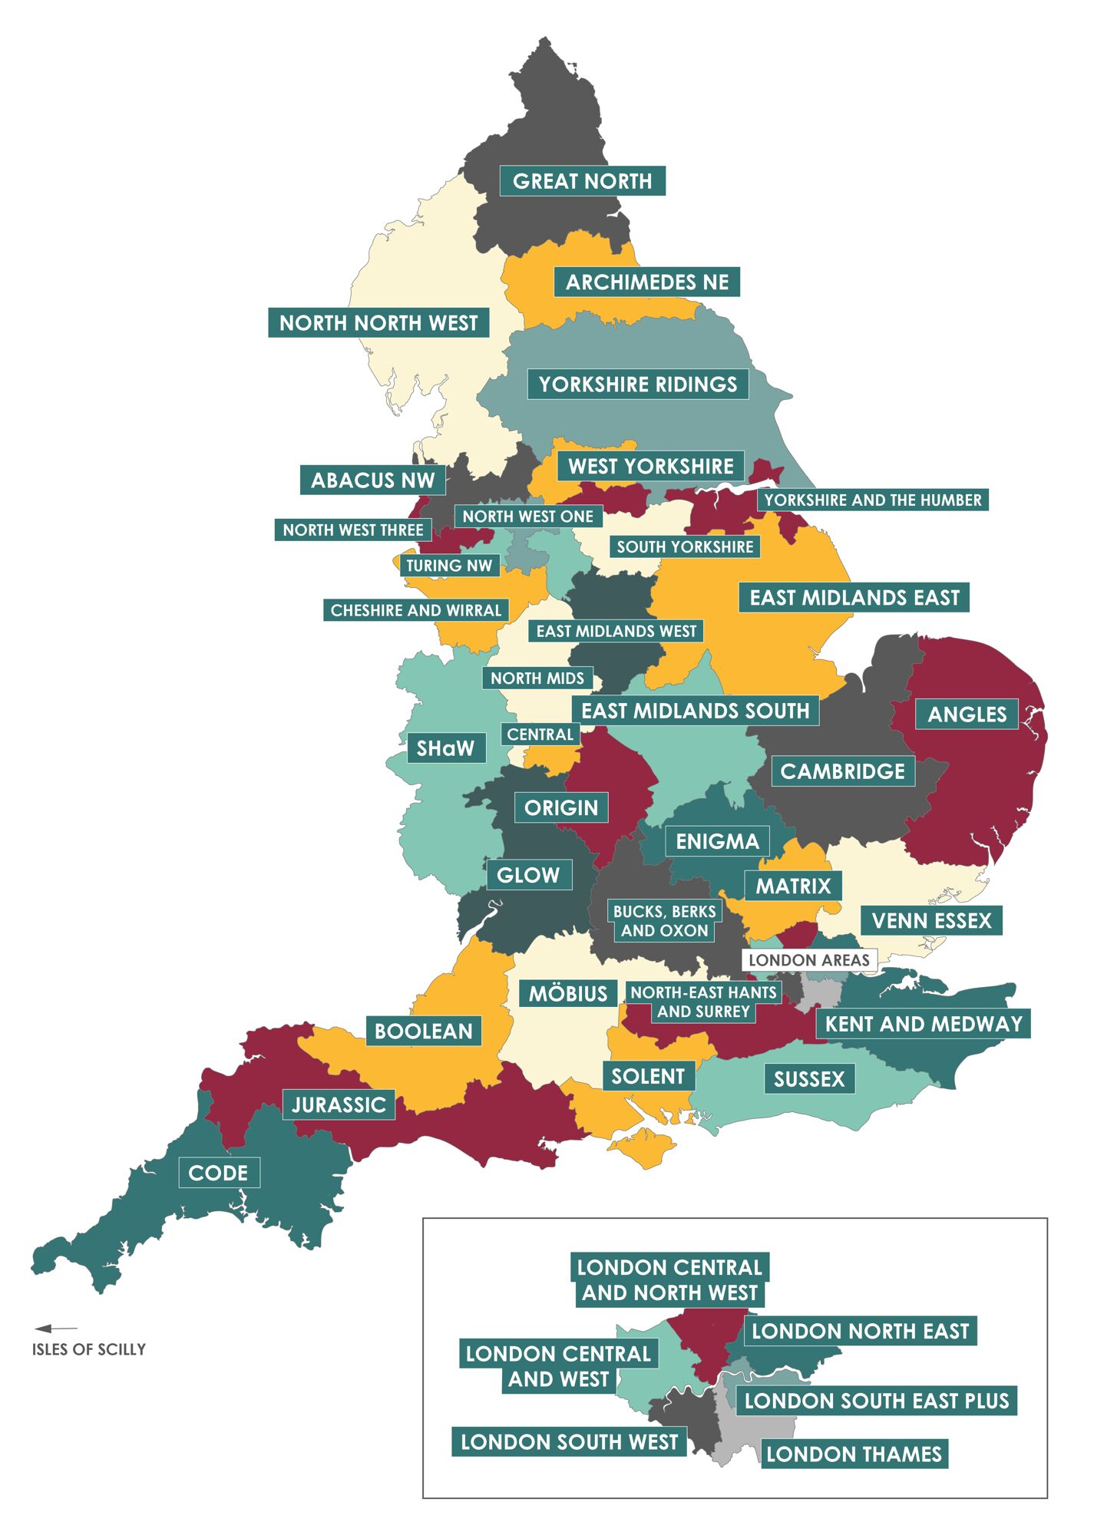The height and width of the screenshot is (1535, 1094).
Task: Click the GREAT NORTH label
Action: (x=582, y=181)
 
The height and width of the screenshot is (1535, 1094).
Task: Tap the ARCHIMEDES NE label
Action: (x=646, y=282)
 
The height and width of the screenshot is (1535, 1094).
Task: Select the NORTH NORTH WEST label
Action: (x=378, y=323)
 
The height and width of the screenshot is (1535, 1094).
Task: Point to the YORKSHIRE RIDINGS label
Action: (x=637, y=385)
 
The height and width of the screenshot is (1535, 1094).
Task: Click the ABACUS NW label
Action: (x=372, y=480)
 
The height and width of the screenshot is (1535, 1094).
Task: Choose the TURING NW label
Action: (x=449, y=566)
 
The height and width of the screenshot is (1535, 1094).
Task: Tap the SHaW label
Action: (x=445, y=748)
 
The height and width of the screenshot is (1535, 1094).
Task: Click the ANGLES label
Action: (x=967, y=715)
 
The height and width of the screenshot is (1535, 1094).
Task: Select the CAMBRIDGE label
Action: (x=842, y=771)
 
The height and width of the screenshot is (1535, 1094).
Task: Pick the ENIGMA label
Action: (x=717, y=842)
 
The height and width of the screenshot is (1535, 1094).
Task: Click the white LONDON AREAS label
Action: (x=808, y=960)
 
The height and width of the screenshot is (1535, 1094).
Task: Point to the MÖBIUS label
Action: (x=567, y=994)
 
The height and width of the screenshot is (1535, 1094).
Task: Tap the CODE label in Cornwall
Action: (x=218, y=1174)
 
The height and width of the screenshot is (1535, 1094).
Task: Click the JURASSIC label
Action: (x=339, y=1105)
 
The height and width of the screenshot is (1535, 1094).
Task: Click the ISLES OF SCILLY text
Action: (x=88, y=1350)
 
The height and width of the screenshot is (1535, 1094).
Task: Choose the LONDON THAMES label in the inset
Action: (x=854, y=1454)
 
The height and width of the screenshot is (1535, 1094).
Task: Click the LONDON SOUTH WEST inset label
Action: (x=569, y=1442)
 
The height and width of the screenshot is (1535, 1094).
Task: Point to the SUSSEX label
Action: (x=808, y=1079)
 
